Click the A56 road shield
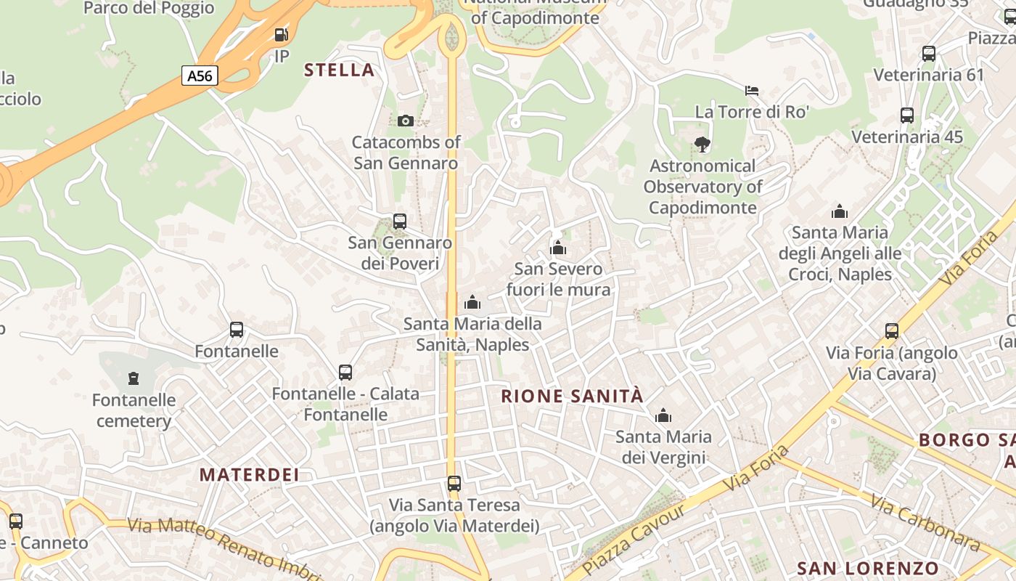pyautogui.click(x=200, y=76)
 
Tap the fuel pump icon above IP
pyautogui.click(x=281, y=34)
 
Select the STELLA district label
pyautogui.click(x=339, y=70)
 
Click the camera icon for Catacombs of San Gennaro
pyautogui.click(x=406, y=121)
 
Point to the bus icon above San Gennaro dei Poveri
pyautogui.click(x=400, y=221)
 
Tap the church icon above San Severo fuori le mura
pyautogui.click(x=557, y=248)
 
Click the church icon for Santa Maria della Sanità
pyautogui.click(x=472, y=302)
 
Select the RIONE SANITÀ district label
pyautogui.click(x=573, y=397)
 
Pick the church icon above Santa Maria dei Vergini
pyautogui.click(x=663, y=416)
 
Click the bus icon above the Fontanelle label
pyautogui.click(x=237, y=330)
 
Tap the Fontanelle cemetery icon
pyautogui.click(x=134, y=378)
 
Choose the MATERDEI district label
pyautogui.click(x=249, y=475)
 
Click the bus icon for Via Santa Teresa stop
pyautogui.click(x=454, y=484)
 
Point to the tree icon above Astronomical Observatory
pyautogui.click(x=702, y=145)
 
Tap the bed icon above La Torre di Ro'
pyautogui.click(x=752, y=91)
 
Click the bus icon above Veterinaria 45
pyautogui.click(x=907, y=115)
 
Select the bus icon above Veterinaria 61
pyautogui.click(x=929, y=53)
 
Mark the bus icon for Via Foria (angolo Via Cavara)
pyautogui.click(x=892, y=331)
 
